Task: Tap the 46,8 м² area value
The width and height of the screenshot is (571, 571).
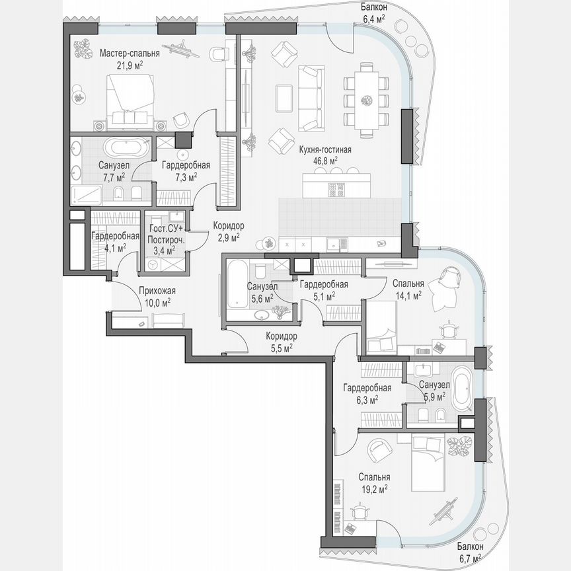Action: pyautogui.click(x=324, y=160)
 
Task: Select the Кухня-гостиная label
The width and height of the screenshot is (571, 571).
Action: pyautogui.click(x=324, y=150)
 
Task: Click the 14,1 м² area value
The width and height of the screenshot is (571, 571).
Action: pyautogui.click(x=407, y=296)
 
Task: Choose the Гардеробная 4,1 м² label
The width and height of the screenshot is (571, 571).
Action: pyautogui.click(x=114, y=237)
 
